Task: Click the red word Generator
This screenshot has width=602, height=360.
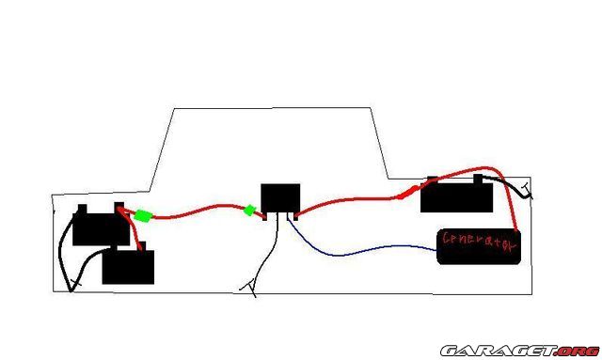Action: pyautogui.click(x=479, y=241)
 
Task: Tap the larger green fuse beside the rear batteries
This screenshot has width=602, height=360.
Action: pyautogui.click(x=143, y=215)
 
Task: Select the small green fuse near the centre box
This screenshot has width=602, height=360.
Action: pyautogui.click(x=249, y=210)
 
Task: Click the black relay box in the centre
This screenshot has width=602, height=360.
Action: pyautogui.click(x=280, y=198)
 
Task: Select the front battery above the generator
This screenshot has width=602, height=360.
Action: pyautogui.click(x=456, y=196)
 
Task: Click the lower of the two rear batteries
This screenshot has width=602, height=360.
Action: pyautogui.click(x=128, y=265)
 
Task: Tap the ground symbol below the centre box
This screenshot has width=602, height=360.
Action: pyautogui.click(x=249, y=288)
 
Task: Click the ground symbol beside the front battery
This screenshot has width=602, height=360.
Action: pyautogui.click(x=528, y=191)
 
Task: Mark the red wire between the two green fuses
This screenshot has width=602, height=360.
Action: pyautogui.click(x=198, y=211)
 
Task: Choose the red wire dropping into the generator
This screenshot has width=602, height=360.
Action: pyautogui.click(x=507, y=192)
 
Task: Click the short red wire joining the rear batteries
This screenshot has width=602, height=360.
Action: pyautogui.click(x=132, y=227)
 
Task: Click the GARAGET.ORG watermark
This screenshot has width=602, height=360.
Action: pyautogui.click(x=520, y=351)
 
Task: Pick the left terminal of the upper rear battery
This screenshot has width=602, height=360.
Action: pyautogui.click(x=83, y=210)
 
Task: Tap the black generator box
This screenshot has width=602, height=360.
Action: pyautogui.click(x=479, y=246)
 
